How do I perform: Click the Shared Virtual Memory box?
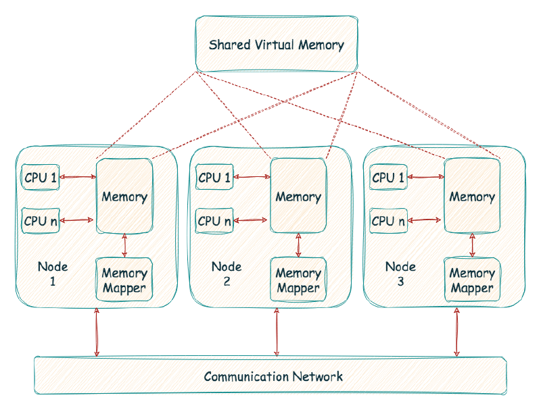pyautogui.click(x=276, y=45)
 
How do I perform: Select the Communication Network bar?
pyautogui.click(x=270, y=376)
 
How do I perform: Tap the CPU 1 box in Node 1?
pyautogui.click(x=41, y=178)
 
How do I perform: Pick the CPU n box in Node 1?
pyautogui.click(x=41, y=220)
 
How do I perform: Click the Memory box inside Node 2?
pyautogui.click(x=298, y=197)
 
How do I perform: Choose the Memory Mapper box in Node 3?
pyautogui.click(x=472, y=281)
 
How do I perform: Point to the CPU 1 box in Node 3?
pyautogui.click(x=388, y=178)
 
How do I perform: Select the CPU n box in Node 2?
pyautogui.click(x=214, y=220)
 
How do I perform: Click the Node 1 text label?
pyautogui.click(x=53, y=273)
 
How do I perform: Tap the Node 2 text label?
pyautogui.click(x=227, y=273)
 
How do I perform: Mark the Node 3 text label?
pyautogui.click(x=400, y=273)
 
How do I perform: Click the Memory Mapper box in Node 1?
pyautogui.click(x=124, y=281)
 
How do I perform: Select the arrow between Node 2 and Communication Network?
pyautogui.click(x=276, y=332)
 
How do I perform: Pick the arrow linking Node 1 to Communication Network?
pyautogui.click(x=97, y=332)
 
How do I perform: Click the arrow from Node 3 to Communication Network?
pyautogui.click(x=457, y=332)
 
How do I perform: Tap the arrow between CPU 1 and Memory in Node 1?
pyautogui.click(x=78, y=178)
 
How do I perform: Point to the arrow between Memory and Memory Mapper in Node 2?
pyautogui.click(x=298, y=245)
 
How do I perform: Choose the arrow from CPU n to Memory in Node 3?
pyautogui.click(x=426, y=220)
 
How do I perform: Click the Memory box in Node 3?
pyautogui.click(x=472, y=197)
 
